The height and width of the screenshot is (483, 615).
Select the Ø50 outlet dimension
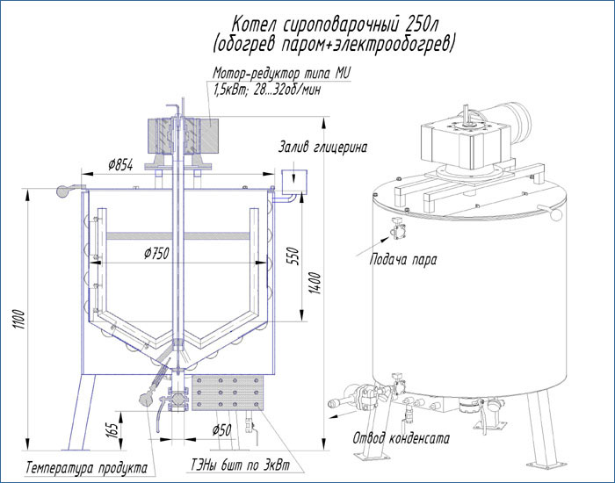tap(221, 429)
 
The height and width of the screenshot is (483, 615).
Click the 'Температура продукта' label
tap(86, 466)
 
